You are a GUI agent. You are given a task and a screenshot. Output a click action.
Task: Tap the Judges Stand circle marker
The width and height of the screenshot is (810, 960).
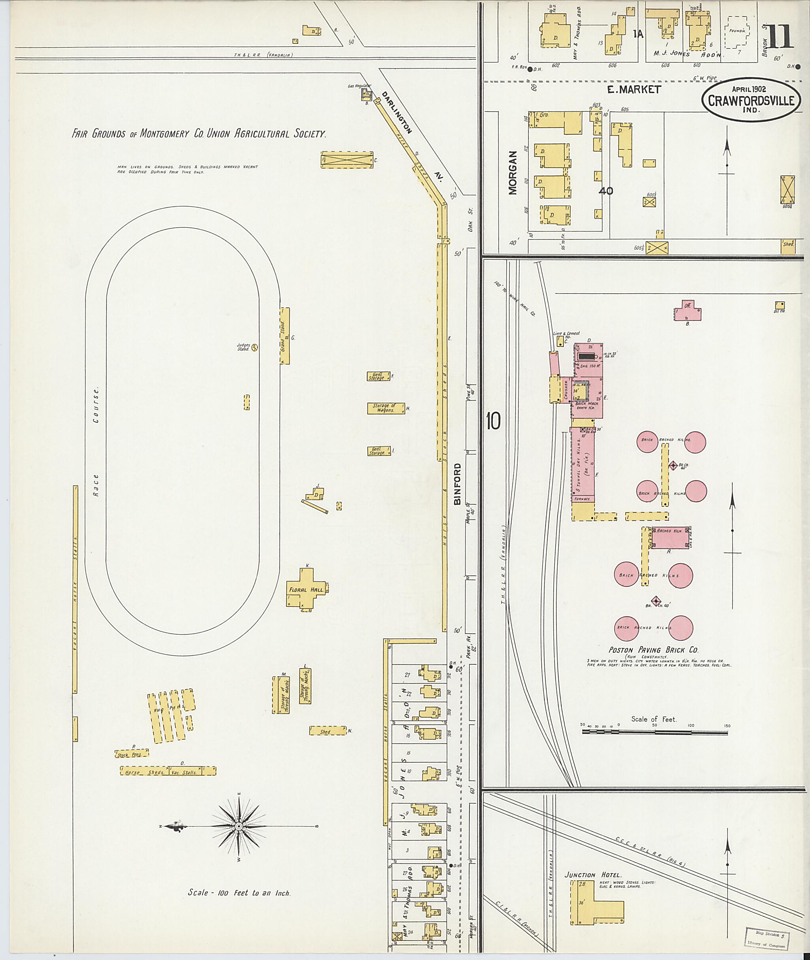tap(254, 347)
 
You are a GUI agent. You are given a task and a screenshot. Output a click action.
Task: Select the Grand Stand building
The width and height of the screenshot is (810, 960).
tap(285, 336)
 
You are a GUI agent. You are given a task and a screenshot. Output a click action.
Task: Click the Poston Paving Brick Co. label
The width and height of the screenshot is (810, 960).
tap(653, 650)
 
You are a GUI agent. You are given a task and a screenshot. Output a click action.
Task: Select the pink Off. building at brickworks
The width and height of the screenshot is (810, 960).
tap(687, 311)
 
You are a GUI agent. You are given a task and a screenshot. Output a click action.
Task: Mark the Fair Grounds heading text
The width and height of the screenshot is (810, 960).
tap(199, 134)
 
